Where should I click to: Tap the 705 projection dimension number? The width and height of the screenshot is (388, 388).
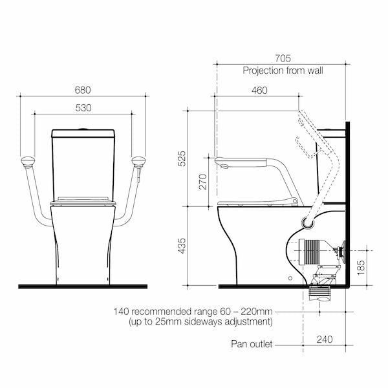tap(283, 58)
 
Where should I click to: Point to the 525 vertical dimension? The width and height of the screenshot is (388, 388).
tap(182, 158)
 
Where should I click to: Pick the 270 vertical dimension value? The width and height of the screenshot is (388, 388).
tap(202, 181)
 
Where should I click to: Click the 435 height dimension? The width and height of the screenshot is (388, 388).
tap(182, 246)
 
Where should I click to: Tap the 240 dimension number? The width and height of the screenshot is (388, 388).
tap(325, 338)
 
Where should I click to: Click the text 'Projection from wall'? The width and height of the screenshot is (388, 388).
tap(283, 70)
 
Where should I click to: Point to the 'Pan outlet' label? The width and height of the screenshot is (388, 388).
tap(252, 344)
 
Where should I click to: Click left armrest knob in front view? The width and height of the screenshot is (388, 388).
tap(27, 161)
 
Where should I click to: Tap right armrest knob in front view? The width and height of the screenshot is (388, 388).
tap(138, 161)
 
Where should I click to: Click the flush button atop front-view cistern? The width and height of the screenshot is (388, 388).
tap(83, 130)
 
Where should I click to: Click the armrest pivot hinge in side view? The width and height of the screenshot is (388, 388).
tap(308, 222)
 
